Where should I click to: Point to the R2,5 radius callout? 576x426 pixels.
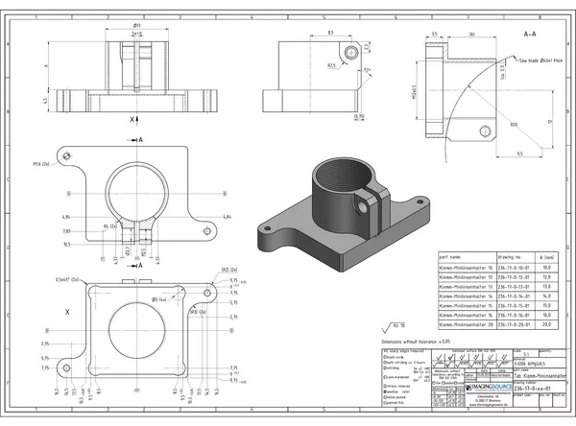(x=330, y=66)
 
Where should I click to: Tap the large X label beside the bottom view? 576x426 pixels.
(x=66, y=312)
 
